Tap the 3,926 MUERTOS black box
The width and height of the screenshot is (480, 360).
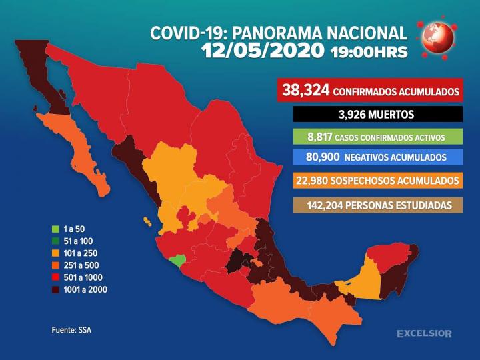click(x=377, y=114)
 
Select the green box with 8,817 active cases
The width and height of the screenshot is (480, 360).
click(x=377, y=136)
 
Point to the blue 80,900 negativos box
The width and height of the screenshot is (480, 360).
click(x=377, y=157)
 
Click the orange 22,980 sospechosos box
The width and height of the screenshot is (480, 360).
click(x=377, y=181)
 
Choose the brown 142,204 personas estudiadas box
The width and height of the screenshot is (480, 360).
click(x=377, y=205)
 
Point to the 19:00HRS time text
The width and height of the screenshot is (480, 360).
click(x=369, y=53)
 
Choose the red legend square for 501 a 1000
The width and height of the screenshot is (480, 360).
click(x=57, y=277)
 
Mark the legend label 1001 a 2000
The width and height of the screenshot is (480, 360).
click(x=85, y=289)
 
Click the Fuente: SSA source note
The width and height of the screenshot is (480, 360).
click(x=71, y=330)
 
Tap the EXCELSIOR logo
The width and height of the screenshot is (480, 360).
click(x=424, y=333)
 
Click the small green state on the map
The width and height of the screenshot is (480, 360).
click(x=177, y=260)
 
